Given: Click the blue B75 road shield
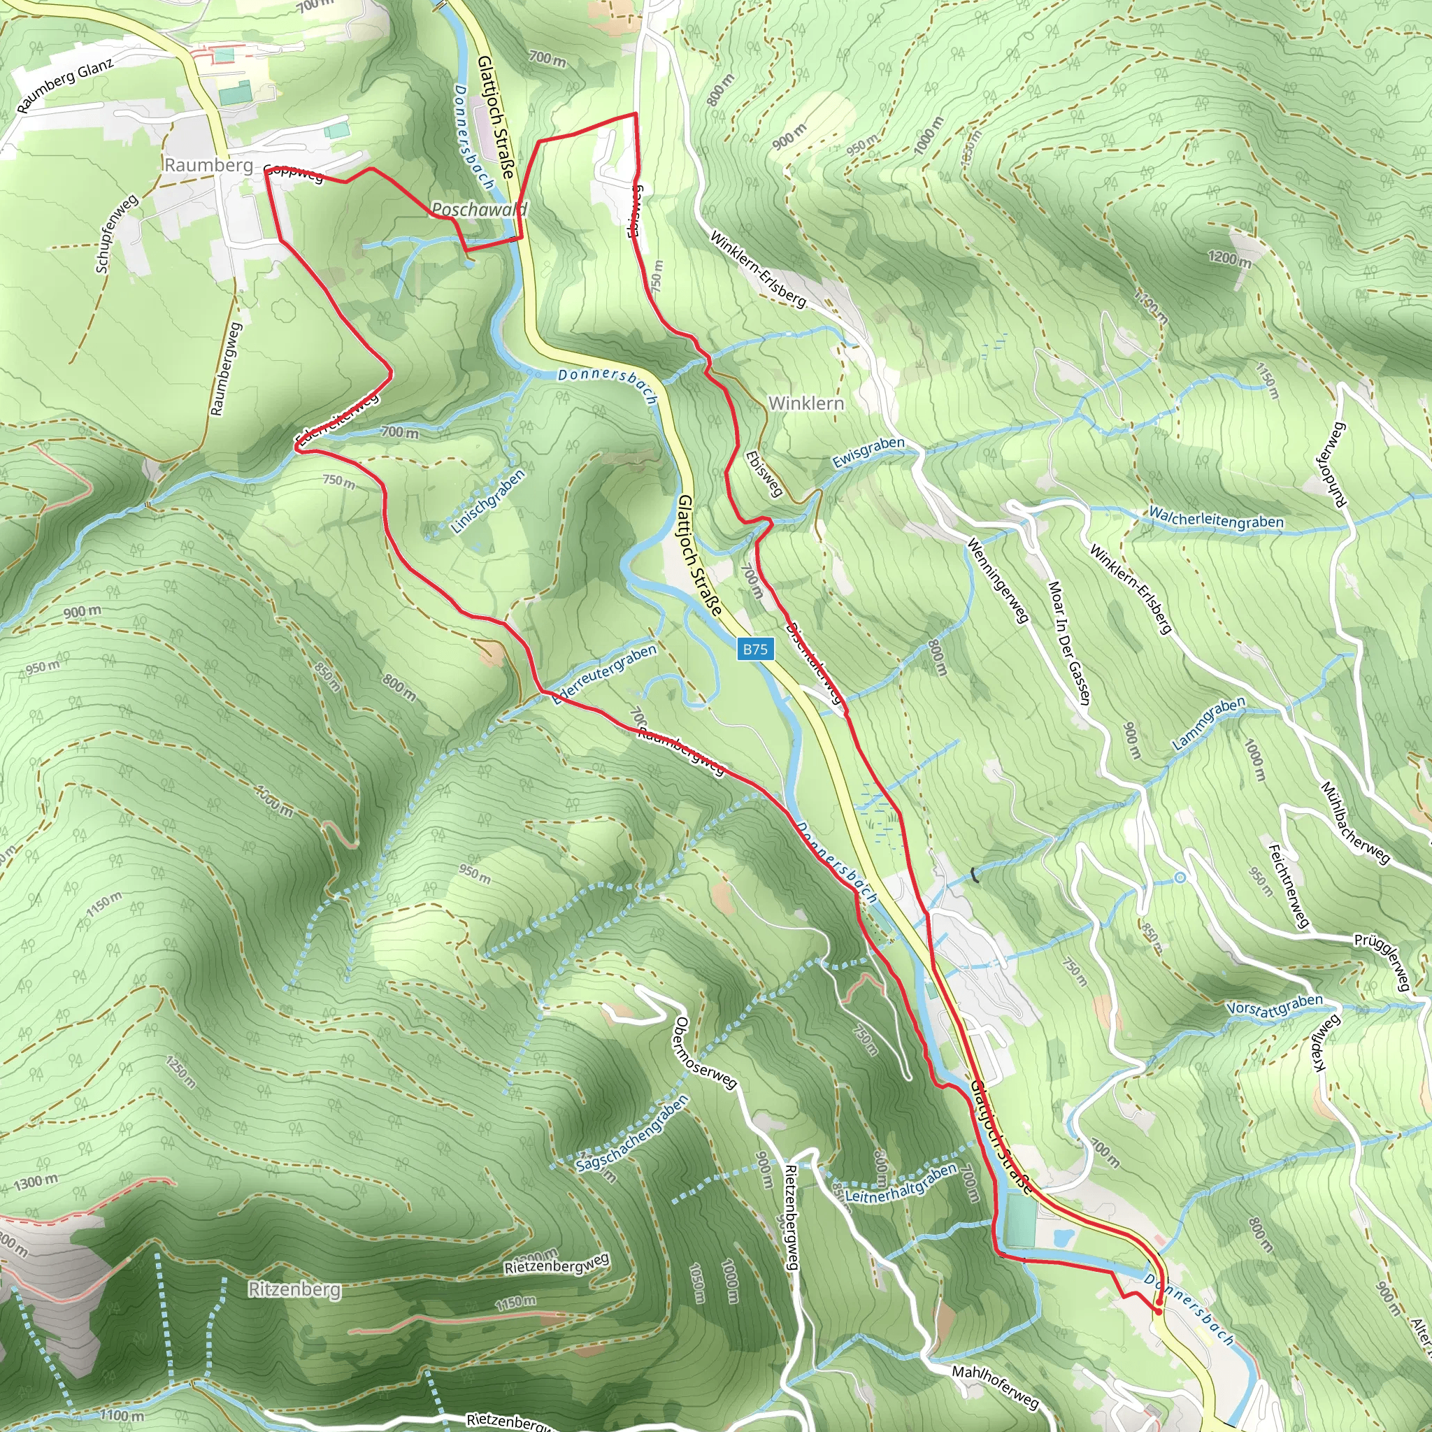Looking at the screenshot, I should (755, 650).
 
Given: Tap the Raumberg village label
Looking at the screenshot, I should (208, 164).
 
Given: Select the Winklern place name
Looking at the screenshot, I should (806, 403).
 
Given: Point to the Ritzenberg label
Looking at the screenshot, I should (294, 1289).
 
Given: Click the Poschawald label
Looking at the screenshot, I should (479, 210).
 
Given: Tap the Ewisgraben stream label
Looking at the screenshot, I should (868, 452).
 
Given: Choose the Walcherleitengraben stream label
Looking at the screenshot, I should (1215, 517).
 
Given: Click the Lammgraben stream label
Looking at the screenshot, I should (1209, 724).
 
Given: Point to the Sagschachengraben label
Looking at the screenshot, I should (632, 1133).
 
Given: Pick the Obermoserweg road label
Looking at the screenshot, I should (705, 1053).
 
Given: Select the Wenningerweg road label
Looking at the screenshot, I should (998, 580).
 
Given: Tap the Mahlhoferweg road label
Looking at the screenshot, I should (995, 1385).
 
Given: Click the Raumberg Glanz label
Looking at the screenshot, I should (65, 85).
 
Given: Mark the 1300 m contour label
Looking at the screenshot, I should (36, 1181).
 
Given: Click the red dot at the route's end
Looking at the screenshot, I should (1158, 1310).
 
